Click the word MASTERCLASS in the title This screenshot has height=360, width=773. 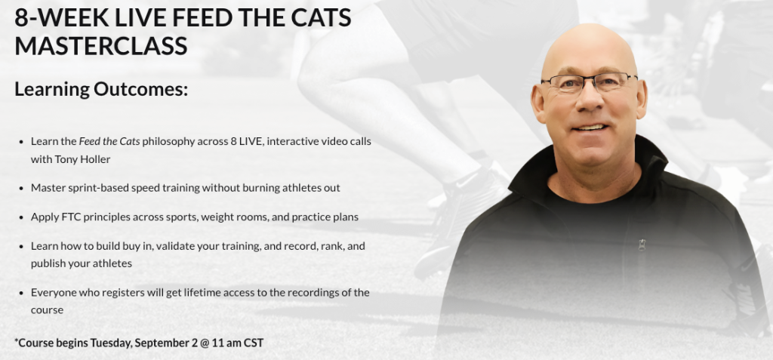pos(101,46)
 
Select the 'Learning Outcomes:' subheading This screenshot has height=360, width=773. pos(101,89)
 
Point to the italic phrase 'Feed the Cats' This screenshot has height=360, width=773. pos(109,142)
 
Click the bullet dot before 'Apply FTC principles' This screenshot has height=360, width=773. pos(21,217)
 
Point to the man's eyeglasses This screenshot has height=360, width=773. pos(589,82)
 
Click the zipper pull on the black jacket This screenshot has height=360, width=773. pos(642,245)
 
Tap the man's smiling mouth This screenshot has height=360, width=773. pos(590,128)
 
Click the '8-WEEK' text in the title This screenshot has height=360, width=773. pos(60,17)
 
